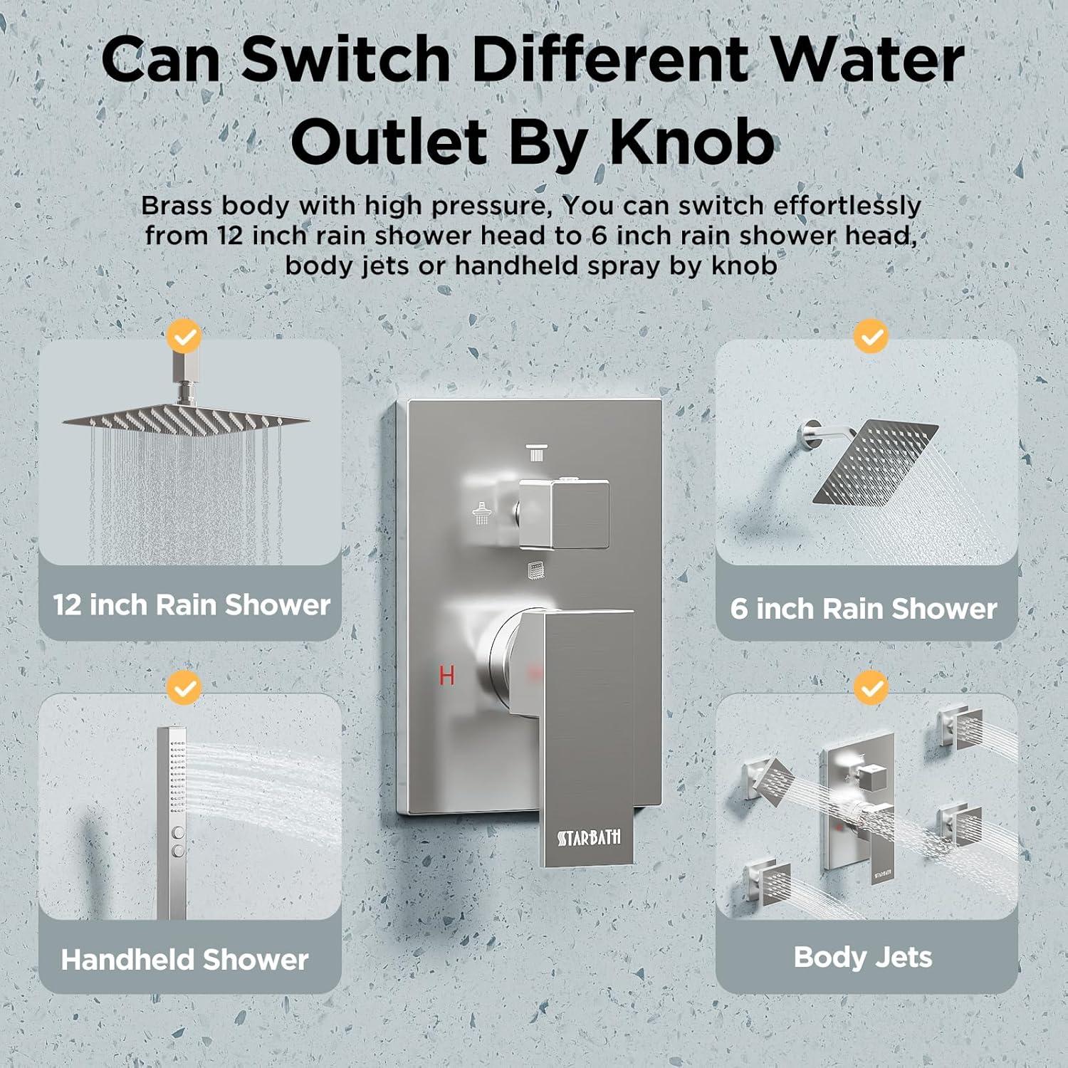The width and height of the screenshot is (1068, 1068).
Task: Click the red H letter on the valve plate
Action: pos(446,674)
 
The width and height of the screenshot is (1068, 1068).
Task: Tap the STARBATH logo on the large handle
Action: pos(589,837)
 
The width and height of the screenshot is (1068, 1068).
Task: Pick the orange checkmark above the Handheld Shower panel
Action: pos(184,688)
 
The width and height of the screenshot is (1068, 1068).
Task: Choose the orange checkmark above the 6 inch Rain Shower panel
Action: pos(871,336)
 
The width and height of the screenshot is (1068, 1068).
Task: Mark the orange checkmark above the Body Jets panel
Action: pos(871,688)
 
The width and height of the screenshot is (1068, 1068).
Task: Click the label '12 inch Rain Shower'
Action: pos(192,605)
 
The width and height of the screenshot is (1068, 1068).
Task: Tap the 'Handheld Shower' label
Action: pos(184,960)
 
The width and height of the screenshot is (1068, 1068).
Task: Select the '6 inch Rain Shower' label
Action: pos(864,609)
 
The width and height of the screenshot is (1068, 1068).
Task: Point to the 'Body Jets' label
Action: pos(863,957)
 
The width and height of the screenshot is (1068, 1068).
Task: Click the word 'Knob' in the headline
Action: pos(691,141)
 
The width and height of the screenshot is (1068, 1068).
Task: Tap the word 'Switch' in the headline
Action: pos(346,59)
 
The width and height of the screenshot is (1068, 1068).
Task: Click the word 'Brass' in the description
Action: pos(177,205)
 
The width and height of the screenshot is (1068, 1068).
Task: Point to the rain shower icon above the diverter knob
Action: pos(536,453)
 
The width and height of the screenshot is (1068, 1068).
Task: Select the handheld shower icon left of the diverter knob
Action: pos(482,513)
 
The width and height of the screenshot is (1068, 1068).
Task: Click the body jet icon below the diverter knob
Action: pos(536,570)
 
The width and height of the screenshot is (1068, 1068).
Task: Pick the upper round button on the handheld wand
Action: pos(178,832)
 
